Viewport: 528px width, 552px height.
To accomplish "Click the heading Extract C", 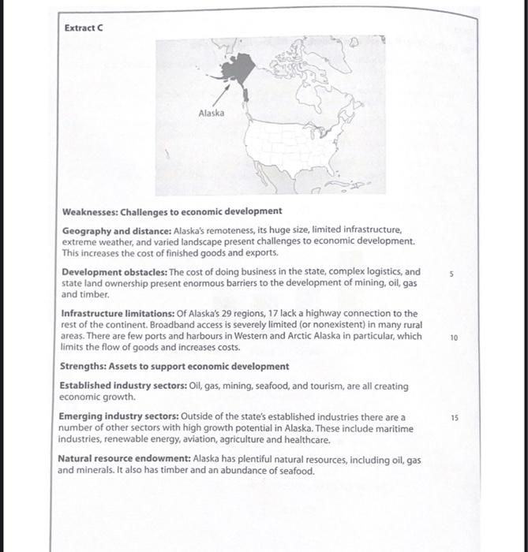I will (x=84, y=28).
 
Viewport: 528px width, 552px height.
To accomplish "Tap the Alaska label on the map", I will (x=211, y=113).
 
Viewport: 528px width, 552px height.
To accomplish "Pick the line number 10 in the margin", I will (x=454, y=337).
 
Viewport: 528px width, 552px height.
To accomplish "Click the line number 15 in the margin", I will (x=454, y=416).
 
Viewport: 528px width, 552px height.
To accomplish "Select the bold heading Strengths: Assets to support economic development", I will (x=175, y=367).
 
